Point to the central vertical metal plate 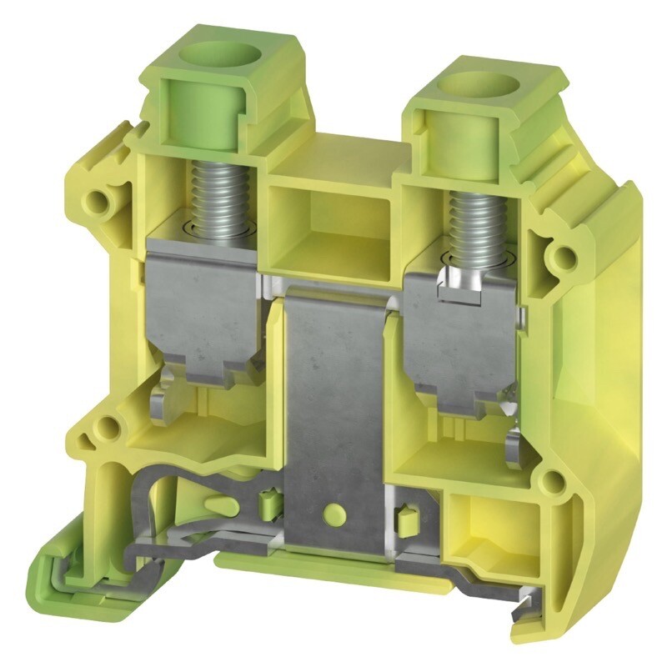click(x=333, y=400)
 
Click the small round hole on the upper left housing click(x=103, y=199)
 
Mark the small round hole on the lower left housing click(x=106, y=429)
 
